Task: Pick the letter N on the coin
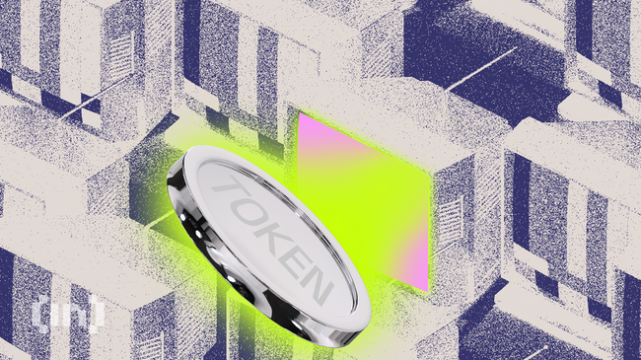pyautogui.click(x=314, y=285)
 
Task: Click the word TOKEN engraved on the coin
pyautogui.click(x=268, y=236)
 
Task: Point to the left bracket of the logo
pyautogui.click(x=39, y=313)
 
